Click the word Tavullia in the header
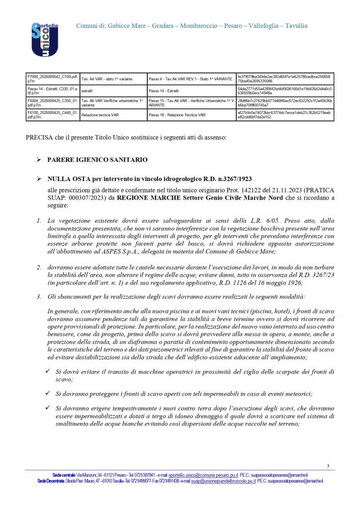pos(296,26)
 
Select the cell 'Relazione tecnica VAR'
pos(99,115)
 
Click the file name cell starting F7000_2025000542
pos(52,79)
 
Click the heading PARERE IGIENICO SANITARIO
pos(97,160)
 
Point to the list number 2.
pos(38,267)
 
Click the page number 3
pos(328,466)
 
